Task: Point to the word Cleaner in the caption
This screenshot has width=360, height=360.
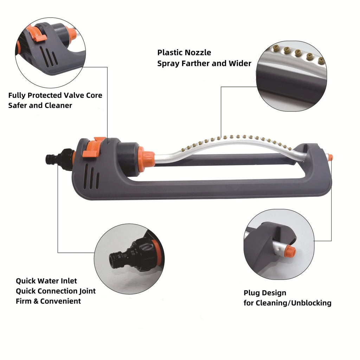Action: click(x=58, y=105)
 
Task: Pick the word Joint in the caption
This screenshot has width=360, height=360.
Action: click(x=88, y=291)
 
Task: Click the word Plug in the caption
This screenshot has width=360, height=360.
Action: click(x=252, y=293)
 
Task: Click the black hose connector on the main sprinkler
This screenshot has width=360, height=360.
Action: click(x=60, y=159)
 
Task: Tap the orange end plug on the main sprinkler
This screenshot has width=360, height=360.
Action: click(x=330, y=157)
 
